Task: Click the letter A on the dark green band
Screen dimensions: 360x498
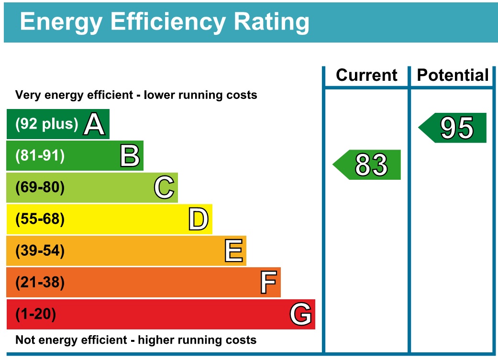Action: coord(94,124)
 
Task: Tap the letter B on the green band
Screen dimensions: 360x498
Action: coord(129,156)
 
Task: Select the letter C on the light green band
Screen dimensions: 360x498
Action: coord(164,188)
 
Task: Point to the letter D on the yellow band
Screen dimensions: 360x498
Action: coord(198,219)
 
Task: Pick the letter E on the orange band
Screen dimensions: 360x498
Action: coord(233,251)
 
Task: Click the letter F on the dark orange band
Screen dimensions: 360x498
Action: coord(268,283)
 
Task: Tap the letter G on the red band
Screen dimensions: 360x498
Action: coord(301,315)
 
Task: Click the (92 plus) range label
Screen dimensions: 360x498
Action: coord(46,124)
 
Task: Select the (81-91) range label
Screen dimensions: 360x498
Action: coord(40,156)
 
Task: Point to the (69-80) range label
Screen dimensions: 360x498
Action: coord(40,188)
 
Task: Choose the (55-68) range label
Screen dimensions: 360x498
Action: coord(40,219)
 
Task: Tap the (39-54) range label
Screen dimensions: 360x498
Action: coord(40,251)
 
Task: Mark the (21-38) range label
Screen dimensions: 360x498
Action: coord(40,283)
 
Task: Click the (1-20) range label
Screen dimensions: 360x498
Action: coord(36,315)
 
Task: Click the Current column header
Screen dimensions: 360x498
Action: coord(366,76)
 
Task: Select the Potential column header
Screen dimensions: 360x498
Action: coord(453,76)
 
